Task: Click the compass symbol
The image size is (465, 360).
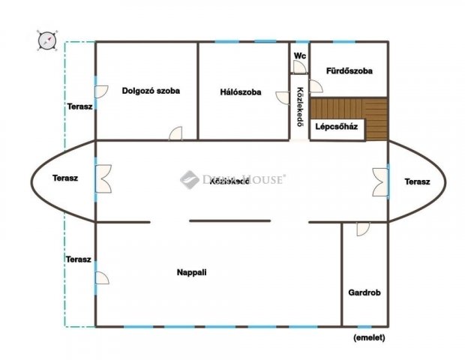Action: tap(46, 40)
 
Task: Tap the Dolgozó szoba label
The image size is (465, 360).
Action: tap(151, 91)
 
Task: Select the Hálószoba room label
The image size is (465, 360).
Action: tap(241, 92)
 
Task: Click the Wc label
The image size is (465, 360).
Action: tap(300, 55)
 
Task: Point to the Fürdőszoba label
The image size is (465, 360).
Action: tap(349, 70)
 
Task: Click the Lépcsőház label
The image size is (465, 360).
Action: tap(336, 127)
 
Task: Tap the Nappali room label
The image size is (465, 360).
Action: tap(191, 272)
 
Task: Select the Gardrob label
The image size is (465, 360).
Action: tap(364, 292)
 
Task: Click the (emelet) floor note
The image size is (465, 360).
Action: tap(369, 337)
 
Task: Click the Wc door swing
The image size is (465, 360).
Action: tap(299, 67)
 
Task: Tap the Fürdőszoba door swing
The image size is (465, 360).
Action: tap(316, 86)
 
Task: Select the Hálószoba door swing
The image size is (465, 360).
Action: tap(283, 97)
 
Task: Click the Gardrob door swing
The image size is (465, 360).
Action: tap(363, 229)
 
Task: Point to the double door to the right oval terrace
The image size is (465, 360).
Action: tap(380, 181)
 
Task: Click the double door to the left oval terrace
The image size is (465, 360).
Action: tap(103, 178)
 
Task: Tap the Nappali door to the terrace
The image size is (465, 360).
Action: tap(102, 277)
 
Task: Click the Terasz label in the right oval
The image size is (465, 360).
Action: tap(417, 181)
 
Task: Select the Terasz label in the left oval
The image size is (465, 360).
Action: tap(65, 178)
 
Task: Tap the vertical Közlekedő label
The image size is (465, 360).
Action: tap(300, 107)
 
